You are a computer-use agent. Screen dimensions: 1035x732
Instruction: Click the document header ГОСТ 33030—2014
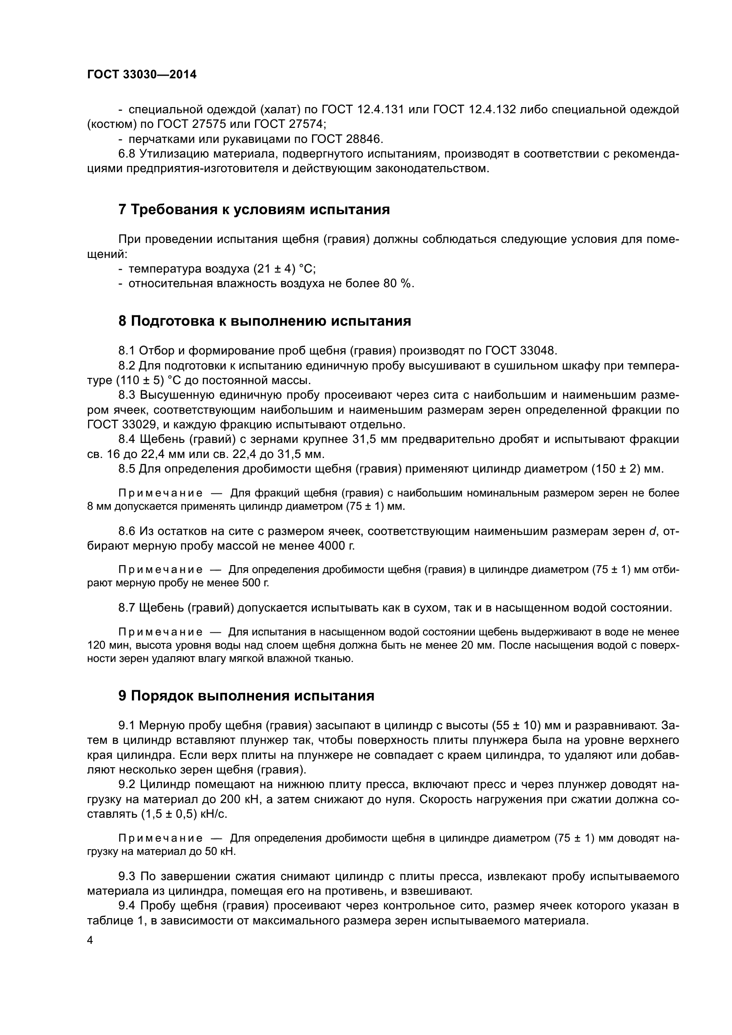click(x=142, y=74)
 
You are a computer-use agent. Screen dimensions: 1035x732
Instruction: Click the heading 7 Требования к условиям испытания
click(x=254, y=210)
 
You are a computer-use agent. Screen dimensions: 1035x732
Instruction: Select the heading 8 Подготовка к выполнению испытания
click(x=264, y=321)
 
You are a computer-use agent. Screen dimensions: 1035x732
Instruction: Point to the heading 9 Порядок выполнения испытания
click(x=246, y=696)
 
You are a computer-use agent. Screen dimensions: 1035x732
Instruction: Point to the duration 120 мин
click(x=103, y=645)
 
